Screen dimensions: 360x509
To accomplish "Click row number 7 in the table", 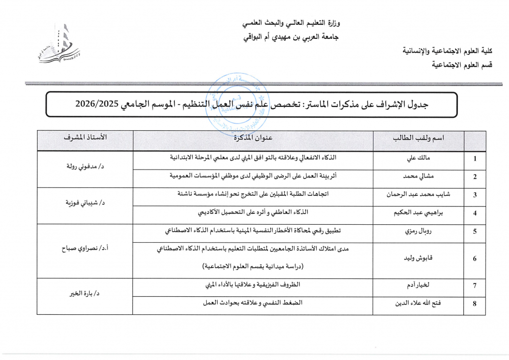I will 475,285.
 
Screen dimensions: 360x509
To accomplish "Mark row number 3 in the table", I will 475,195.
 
